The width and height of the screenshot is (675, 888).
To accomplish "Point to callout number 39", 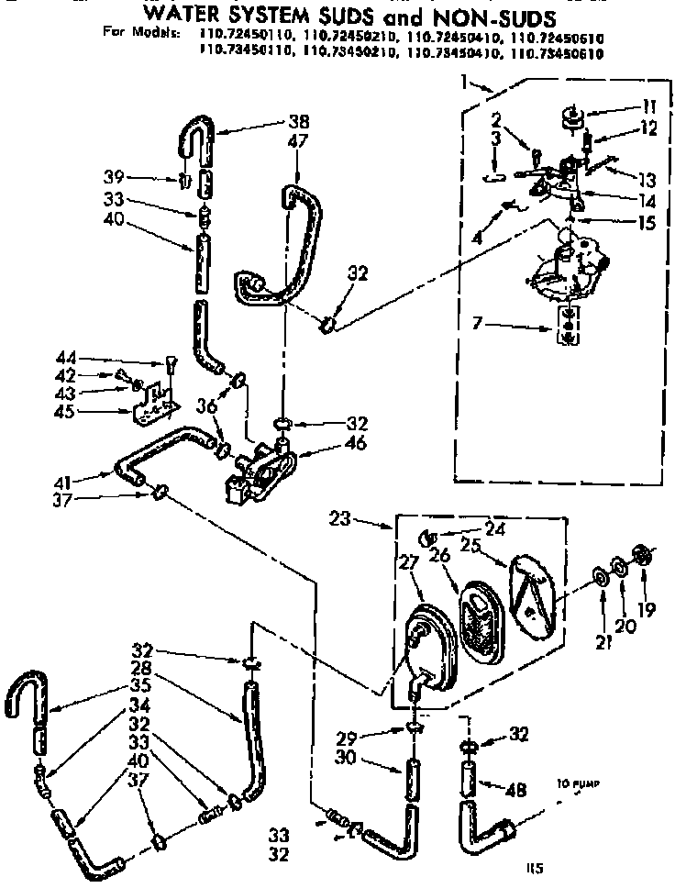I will [x=139, y=176].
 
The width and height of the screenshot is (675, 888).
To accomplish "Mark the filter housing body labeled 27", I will [x=426, y=646].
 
